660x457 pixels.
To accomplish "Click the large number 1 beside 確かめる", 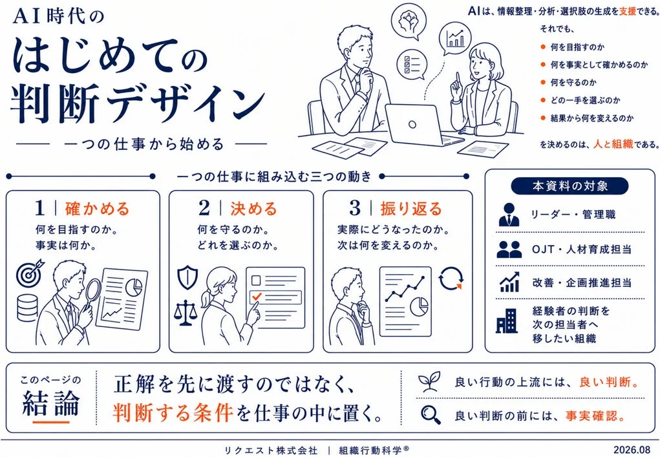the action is (40, 208).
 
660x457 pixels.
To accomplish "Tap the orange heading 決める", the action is (253, 209).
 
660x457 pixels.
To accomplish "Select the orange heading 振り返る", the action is (411, 209).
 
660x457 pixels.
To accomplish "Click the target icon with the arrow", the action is (30, 272).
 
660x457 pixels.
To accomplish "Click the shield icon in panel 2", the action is (187, 277).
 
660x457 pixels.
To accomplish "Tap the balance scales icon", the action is (186, 313).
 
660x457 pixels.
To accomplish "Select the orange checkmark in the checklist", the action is (256, 297).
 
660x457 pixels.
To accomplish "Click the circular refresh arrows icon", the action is (451, 278).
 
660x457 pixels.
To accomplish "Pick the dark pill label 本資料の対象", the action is (570, 186).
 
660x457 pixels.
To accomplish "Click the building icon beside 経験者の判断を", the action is (507, 321).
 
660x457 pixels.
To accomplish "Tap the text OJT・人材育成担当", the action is (582, 249).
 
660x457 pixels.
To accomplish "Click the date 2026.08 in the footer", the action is (632, 449).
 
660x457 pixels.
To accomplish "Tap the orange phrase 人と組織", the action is (613, 144).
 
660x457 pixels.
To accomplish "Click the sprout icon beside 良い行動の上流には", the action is (429, 381).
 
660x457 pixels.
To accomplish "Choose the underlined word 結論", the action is (50, 403).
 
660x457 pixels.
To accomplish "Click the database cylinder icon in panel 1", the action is (27, 308).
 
